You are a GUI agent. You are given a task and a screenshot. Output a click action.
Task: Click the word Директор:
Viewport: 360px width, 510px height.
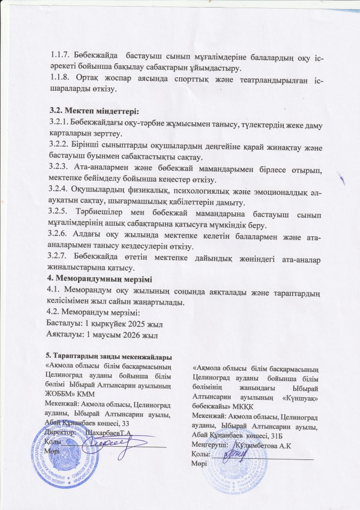tap(61, 432)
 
